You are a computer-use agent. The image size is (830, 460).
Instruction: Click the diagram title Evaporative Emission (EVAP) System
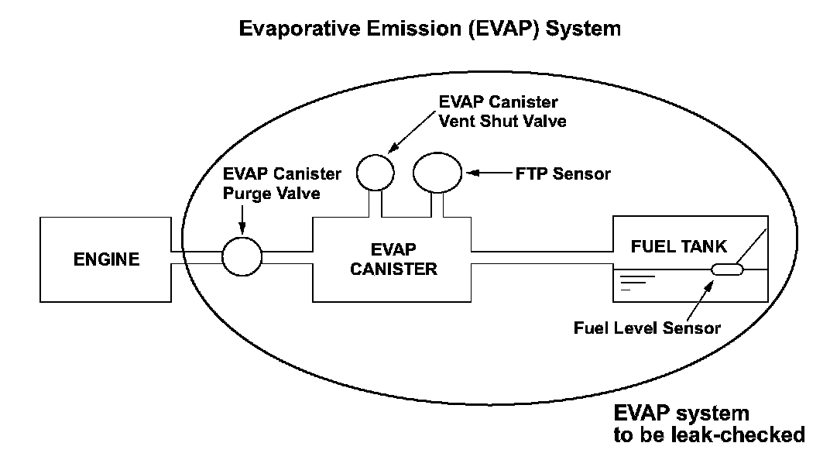pos(430,29)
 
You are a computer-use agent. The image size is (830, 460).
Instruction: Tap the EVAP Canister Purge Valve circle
pos(242,256)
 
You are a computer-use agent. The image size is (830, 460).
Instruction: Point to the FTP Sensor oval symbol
pos(437,172)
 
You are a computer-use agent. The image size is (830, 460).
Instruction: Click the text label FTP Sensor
pos(563,174)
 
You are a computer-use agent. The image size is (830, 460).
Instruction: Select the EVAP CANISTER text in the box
pos(393,259)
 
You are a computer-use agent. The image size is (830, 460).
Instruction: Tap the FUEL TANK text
pos(679,247)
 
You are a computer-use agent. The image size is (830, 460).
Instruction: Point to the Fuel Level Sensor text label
pos(647,328)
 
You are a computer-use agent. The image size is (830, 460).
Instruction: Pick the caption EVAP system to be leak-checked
pos(708,422)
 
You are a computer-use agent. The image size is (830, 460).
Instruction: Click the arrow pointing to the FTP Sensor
pos(488,173)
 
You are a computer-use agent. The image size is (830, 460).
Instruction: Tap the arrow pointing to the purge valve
pos(243,221)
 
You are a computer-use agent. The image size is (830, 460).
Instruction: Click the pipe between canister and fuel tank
pos(542,257)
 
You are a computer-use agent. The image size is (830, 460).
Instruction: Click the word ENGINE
pos(106,259)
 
